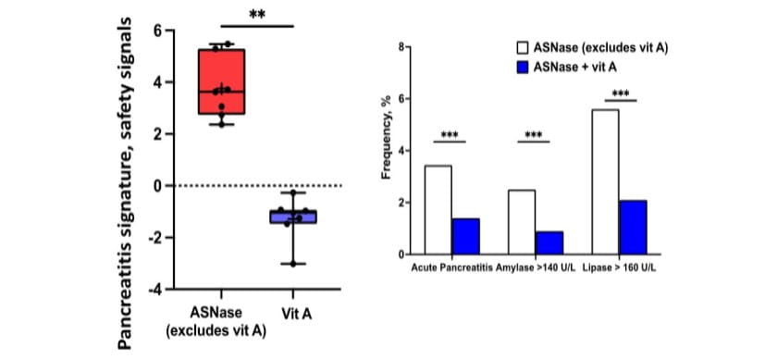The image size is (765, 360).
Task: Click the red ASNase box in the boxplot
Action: pos(221,81)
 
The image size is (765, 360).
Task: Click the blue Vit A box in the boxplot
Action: pos(293,217)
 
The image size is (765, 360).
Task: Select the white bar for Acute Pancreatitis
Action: pos(438,209)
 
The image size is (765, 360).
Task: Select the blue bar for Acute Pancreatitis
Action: pos(465,236)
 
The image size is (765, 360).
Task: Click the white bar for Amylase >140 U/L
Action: pos(522,221)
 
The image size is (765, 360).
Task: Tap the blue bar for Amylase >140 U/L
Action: pos(549,242)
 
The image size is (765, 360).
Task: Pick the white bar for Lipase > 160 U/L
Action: pos(605,181)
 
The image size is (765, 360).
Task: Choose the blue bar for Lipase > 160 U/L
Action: pos(634,227)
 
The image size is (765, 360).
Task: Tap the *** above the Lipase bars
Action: pos(620,94)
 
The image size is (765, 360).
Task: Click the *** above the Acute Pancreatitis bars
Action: pos(451,135)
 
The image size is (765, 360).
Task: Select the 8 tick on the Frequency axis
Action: pos(403,46)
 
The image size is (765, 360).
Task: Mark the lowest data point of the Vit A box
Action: pos(293,264)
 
